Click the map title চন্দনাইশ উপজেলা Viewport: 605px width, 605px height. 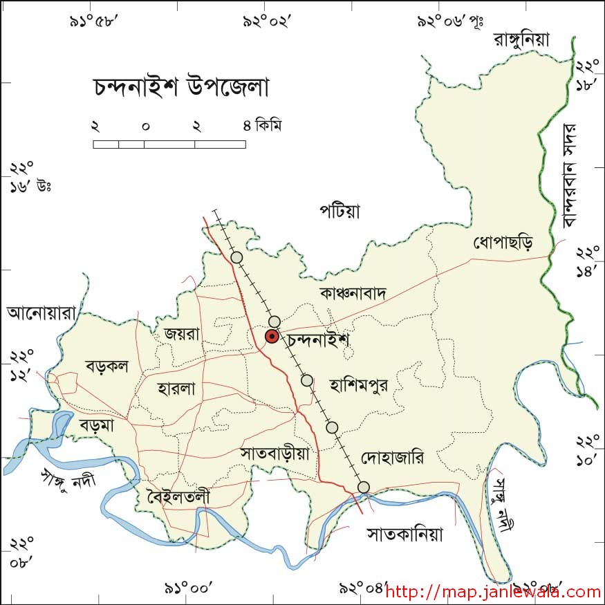click(x=180, y=89)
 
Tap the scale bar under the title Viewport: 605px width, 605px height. click(x=169, y=144)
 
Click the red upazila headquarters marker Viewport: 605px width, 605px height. click(x=272, y=337)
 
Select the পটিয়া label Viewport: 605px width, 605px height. click(x=339, y=210)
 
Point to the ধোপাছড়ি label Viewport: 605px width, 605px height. click(x=503, y=243)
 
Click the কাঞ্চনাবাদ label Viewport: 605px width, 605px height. click(x=352, y=293)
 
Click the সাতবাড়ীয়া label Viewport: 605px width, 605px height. click(x=279, y=454)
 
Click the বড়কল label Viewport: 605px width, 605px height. click(x=107, y=366)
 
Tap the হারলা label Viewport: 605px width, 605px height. click(x=176, y=389)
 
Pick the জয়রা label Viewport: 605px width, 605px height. click(x=182, y=333)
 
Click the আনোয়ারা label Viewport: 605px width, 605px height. click(x=40, y=313)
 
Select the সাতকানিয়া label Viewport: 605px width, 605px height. click(x=404, y=534)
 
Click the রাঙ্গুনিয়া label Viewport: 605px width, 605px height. click(x=521, y=39)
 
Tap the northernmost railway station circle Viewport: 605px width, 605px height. click(x=237, y=257)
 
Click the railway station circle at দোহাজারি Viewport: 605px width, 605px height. click(x=364, y=487)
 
